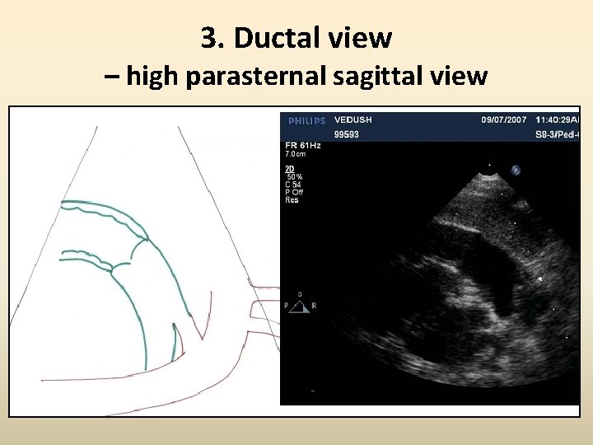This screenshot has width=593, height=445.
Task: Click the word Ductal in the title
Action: point(278,38)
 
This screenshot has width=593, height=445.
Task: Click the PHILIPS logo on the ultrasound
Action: point(306,121)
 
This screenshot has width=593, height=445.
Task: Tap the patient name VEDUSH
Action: point(353,119)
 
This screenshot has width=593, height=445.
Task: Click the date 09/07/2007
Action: point(502,119)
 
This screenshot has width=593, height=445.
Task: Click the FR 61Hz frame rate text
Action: point(303,145)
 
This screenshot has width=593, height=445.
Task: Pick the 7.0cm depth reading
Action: point(296,154)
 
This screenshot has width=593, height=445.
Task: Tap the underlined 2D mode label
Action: point(289,169)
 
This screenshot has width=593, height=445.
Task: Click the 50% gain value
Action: point(294,177)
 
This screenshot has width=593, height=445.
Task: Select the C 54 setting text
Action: point(293,185)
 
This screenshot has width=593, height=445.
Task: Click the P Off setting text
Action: point(295,192)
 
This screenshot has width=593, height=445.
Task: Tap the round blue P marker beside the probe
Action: point(516,170)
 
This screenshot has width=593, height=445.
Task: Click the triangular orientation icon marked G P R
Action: point(300,306)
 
